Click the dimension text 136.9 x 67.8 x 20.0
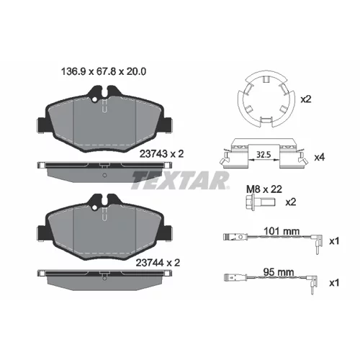click(104, 71)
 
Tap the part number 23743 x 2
click(161, 154)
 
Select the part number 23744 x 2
click(158, 263)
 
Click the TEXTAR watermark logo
click(180, 180)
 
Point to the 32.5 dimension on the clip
click(264, 155)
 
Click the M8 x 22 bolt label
click(264, 189)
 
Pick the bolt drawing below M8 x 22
click(260, 202)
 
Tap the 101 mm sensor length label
click(282, 231)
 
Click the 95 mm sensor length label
click(279, 272)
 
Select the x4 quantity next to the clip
click(320, 158)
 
